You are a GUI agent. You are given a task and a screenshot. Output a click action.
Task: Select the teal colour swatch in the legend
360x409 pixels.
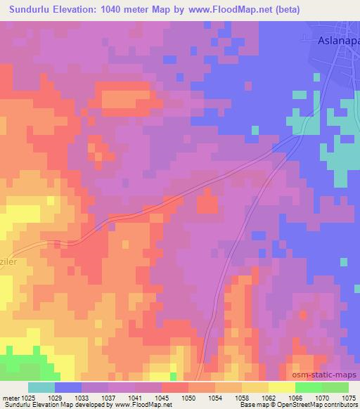[x=41, y=387]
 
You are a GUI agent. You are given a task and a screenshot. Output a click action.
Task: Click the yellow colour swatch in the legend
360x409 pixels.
[x=281, y=387]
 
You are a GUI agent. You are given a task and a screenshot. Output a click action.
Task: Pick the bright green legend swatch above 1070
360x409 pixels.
[x=308, y=387]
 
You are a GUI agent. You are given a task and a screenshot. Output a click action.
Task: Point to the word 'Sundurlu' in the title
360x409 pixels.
[x=32, y=11]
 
